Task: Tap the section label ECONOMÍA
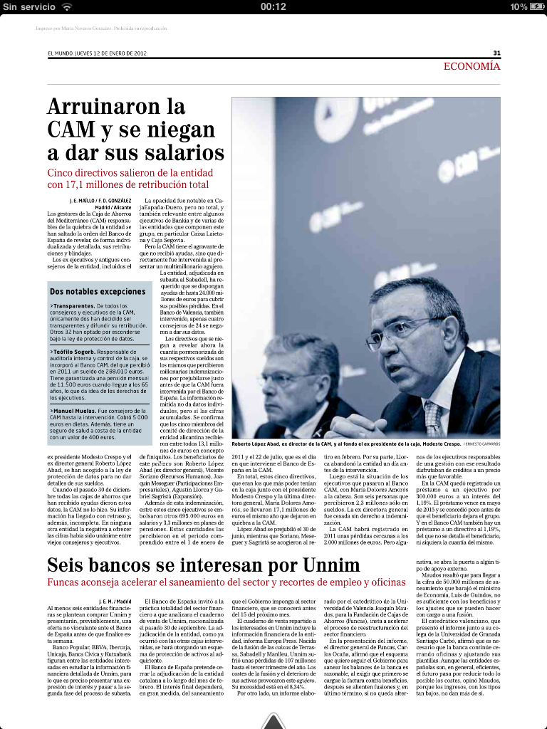tap(472, 66)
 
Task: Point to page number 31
tap(496, 53)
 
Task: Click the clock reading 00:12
tap(273, 6)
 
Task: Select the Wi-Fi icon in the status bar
tap(67, 6)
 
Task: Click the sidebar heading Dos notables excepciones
tap(98, 292)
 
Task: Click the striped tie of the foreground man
tap(433, 419)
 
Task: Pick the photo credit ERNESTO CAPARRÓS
tap(481, 444)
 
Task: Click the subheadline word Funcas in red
tap(68, 582)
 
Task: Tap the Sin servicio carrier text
tap(28, 6)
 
